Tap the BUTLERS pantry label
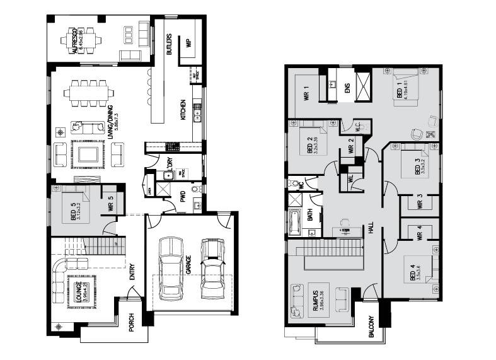[x=170, y=45]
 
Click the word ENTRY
[x=132, y=271]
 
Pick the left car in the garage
[x=170, y=268]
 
